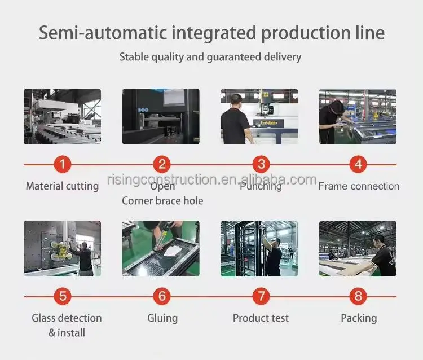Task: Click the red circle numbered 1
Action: pos(63,165)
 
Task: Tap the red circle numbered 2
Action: pos(162,165)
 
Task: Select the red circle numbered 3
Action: pos(261,165)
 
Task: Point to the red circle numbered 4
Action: pos(358,165)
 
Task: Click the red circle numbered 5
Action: pos(63,296)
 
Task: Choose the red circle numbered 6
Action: pos(162,296)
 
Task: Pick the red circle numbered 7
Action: pos(261,296)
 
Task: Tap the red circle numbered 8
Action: pos(358,296)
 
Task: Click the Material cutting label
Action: pos(62,186)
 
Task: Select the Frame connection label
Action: pos(359,186)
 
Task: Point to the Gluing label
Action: pos(162,318)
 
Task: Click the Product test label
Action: pos(261,318)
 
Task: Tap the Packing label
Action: pos(359,318)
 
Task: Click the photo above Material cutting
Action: pos(62,116)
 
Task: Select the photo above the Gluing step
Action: pos(161,248)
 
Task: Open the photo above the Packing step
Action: pos(358,248)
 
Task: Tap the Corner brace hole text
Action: pos(162,200)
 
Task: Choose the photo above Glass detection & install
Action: pos(62,248)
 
